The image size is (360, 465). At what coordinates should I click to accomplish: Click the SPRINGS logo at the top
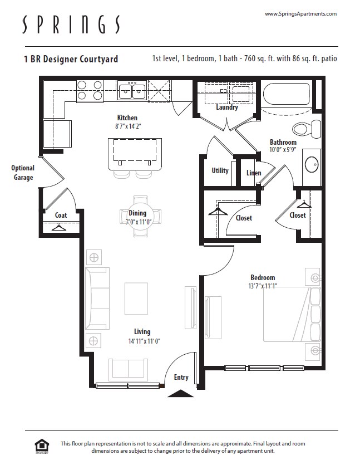[x=71, y=25]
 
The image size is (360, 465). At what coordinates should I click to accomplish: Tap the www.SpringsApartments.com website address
[x=300, y=13]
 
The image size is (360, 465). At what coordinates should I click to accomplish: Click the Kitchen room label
[x=127, y=118]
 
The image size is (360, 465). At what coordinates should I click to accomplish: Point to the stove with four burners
[x=90, y=90]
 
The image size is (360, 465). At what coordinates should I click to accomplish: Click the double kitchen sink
[x=132, y=90]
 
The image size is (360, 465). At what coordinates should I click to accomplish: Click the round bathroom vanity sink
[x=312, y=164]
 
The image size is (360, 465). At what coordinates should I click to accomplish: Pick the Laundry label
[x=227, y=107]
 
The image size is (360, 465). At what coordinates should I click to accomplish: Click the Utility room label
[x=220, y=170]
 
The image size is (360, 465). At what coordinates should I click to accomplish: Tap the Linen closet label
[x=254, y=173]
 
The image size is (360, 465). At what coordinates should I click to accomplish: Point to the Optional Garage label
[x=22, y=173]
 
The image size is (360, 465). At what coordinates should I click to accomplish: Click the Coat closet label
[x=61, y=216]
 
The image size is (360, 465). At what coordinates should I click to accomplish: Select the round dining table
[x=137, y=216]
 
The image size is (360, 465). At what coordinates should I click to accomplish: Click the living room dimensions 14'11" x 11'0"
[x=142, y=341]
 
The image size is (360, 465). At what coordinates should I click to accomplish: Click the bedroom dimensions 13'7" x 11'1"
[x=263, y=286]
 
